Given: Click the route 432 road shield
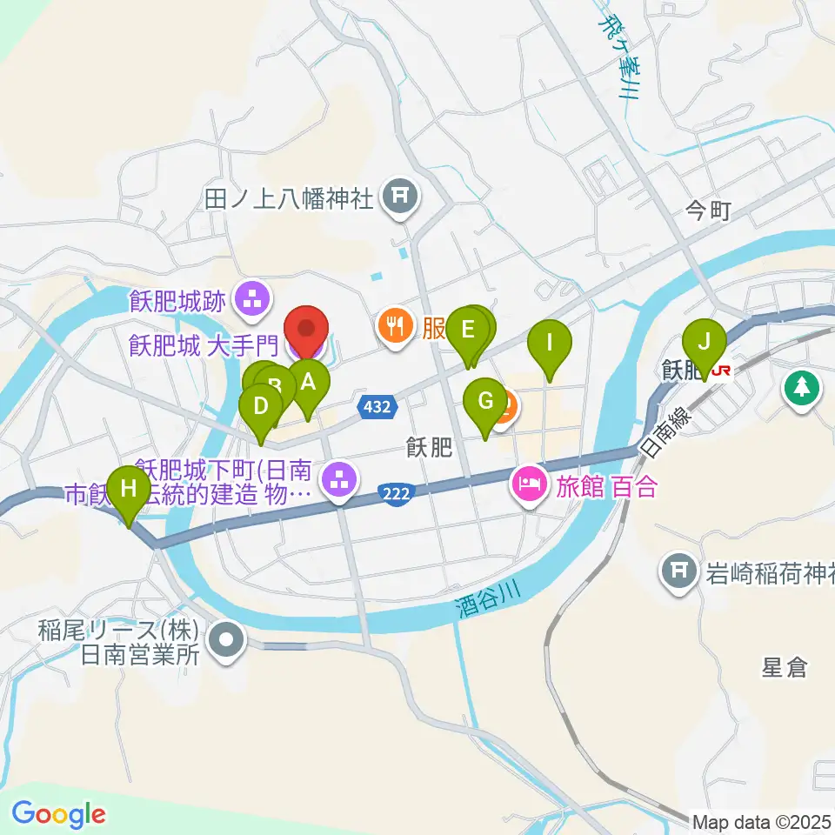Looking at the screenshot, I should pyautogui.click(x=377, y=405).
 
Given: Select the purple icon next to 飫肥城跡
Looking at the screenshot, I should pyautogui.click(x=253, y=301).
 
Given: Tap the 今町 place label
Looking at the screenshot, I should pyautogui.click(x=709, y=210).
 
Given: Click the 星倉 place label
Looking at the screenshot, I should pyautogui.click(x=784, y=668).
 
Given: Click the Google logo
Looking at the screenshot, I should pyautogui.click(x=58, y=814).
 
